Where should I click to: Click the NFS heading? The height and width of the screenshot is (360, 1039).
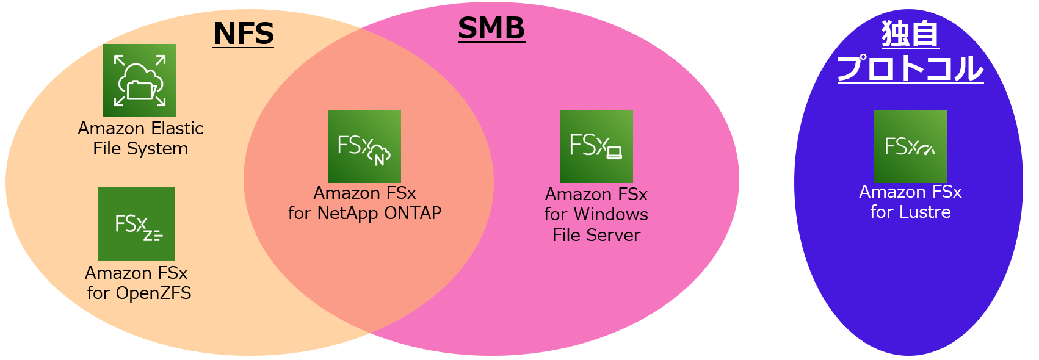244,34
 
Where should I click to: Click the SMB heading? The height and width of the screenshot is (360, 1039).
491,28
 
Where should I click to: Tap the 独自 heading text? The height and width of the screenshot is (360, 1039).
910,34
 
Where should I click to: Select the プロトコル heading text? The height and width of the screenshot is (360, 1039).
910,68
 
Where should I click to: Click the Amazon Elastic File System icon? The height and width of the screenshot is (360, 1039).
140,81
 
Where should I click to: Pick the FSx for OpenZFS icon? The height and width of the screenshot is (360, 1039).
136,224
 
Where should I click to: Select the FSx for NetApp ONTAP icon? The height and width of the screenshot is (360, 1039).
364,146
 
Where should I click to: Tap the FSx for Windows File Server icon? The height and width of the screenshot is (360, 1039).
596,146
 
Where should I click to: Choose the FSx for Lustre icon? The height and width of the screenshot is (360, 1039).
910,146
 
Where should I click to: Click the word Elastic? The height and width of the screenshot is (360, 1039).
177,129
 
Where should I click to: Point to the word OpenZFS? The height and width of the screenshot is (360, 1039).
153,293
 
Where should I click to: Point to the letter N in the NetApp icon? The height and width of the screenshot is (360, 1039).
380,160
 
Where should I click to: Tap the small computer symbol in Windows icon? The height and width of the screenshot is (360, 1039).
614,153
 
